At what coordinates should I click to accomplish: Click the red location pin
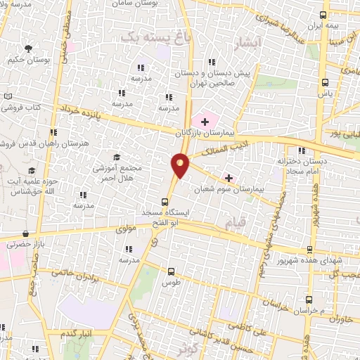[181, 165]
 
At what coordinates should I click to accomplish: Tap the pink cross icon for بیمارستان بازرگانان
[205, 122]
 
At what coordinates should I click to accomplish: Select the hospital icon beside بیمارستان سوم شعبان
[228, 179]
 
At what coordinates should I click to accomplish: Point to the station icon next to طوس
[171, 271]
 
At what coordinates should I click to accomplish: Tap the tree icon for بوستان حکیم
[28, 49]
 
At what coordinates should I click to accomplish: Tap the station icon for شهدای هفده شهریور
[310, 250]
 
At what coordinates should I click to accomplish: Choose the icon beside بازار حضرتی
[26, 234]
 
